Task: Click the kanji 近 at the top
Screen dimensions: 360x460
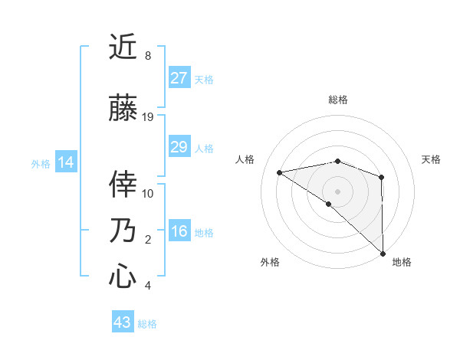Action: click(x=123, y=47)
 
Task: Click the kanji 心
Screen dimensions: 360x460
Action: click(x=123, y=276)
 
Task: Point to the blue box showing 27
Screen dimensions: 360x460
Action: click(x=179, y=78)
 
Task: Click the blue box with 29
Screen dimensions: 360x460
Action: click(x=179, y=147)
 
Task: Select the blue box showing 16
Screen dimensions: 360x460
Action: click(x=179, y=232)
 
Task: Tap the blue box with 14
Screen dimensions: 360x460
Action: click(x=66, y=162)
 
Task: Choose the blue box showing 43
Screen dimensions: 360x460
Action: click(x=123, y=322)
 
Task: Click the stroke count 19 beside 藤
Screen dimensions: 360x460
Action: click(x=148, y=117)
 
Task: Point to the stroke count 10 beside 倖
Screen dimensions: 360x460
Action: click(x=148, y=193)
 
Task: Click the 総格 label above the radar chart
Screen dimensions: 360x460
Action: click(x=337, y=100)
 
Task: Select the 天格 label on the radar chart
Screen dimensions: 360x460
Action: click(x=432, y=159)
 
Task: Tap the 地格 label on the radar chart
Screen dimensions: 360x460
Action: click(x=402, y=262)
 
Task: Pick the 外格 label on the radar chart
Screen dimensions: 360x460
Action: click(x=270, y=262)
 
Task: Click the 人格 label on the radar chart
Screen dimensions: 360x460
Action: click(x=245, y=159)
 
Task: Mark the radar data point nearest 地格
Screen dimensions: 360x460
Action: click(x=383, y=253)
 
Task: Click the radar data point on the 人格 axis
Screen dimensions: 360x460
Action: click(x=280, y=172)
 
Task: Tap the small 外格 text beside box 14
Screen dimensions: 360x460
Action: click(x=41, y=163)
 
